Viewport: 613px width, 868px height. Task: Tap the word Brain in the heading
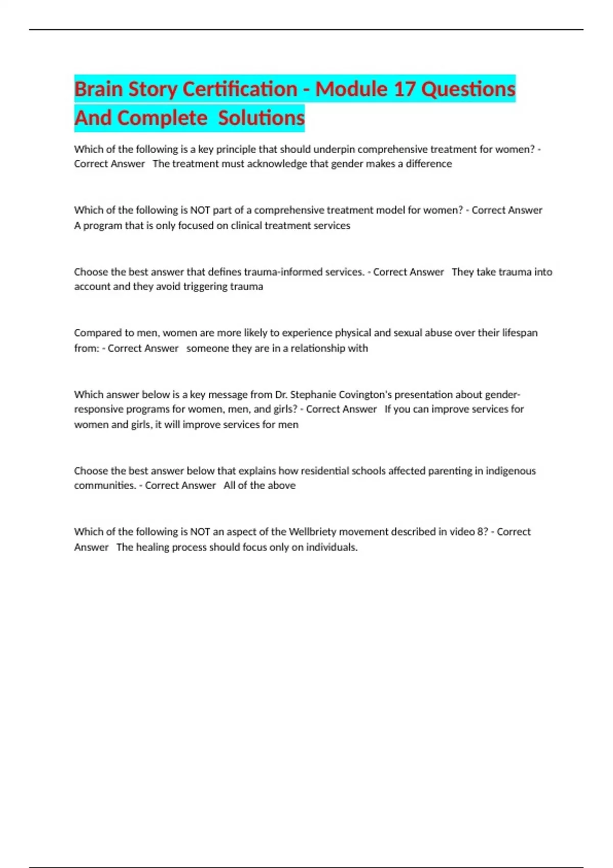click(98, 89)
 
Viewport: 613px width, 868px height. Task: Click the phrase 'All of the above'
click(260, 486)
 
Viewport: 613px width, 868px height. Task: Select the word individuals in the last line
click(332, 547)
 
